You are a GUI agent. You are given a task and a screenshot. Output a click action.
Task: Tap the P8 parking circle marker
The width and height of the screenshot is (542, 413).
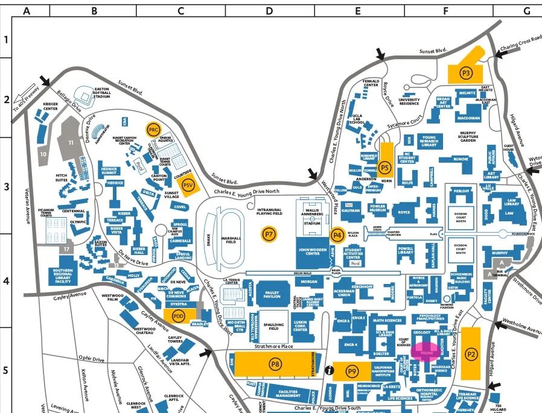pyautogui.click(x=275, y=364)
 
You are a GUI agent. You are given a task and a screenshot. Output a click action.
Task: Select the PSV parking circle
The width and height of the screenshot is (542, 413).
pyautogui.click(x=188, y=185)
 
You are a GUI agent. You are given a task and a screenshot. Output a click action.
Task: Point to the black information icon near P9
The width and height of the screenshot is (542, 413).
pyautogui.click(x=330, y=370)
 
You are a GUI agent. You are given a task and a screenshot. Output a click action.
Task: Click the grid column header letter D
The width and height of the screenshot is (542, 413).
pyautogui.click(x=269, y=11)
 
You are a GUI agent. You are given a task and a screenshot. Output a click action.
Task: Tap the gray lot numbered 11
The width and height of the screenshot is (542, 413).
pyautogui.click(x=71, y=142)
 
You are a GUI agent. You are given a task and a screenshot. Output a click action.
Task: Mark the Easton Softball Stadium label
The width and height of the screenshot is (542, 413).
pyautogui.click(x=102, y=93)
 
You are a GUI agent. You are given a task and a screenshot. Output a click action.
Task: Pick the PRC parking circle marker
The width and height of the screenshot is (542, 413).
pyautogui.click(x=154, y=130)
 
